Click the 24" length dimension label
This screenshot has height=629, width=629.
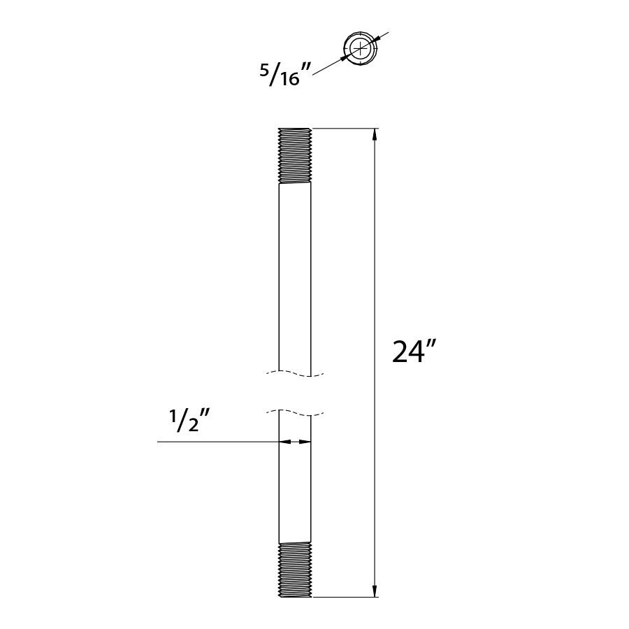[x=414, y=352]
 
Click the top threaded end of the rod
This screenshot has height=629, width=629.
[x=295, y=156]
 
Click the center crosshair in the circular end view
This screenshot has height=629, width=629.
[x=361, y=48]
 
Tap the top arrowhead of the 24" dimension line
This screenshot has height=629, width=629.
[x=375, y=135]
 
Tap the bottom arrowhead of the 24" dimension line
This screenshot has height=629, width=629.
[x=375, y=591]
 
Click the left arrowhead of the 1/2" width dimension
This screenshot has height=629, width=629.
[x=284, y=442]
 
